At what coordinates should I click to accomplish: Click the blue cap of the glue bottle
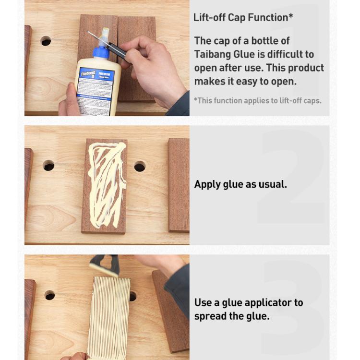103,50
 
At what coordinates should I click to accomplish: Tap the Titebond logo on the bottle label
87,74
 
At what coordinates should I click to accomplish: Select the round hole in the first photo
46,41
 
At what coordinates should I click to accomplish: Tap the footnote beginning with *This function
257,100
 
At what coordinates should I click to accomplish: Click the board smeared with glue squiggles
105,185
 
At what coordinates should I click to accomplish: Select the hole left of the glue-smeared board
48,166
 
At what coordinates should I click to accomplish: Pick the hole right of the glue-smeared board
140,167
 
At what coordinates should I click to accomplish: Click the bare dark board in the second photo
178,185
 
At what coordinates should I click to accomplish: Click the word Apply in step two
208,184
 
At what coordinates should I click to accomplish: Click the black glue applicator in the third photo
105,265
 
